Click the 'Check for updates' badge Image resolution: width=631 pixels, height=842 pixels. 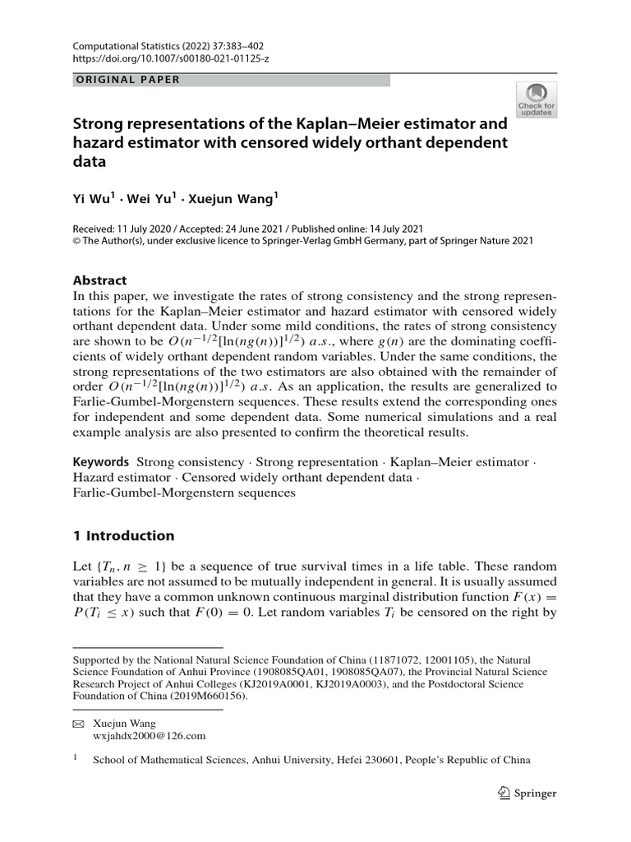536,99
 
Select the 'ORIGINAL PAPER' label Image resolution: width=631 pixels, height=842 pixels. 127,80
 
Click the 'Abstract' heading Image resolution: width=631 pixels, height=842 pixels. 101,279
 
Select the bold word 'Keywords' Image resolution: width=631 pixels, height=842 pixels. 101,462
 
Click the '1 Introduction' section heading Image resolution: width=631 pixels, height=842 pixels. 124,536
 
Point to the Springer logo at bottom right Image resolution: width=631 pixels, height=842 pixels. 527,793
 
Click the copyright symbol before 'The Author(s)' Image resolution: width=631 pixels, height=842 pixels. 78,241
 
